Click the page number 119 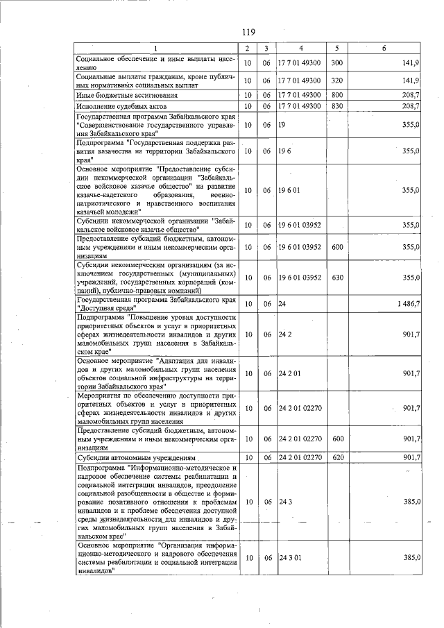pos(249,32)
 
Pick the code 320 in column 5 pos(337,80)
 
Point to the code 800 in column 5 pos(337,94)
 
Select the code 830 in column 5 pos(337,106)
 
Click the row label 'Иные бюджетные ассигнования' pos(122,95)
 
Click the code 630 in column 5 pos(337,278)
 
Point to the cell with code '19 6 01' pos(290,190)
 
